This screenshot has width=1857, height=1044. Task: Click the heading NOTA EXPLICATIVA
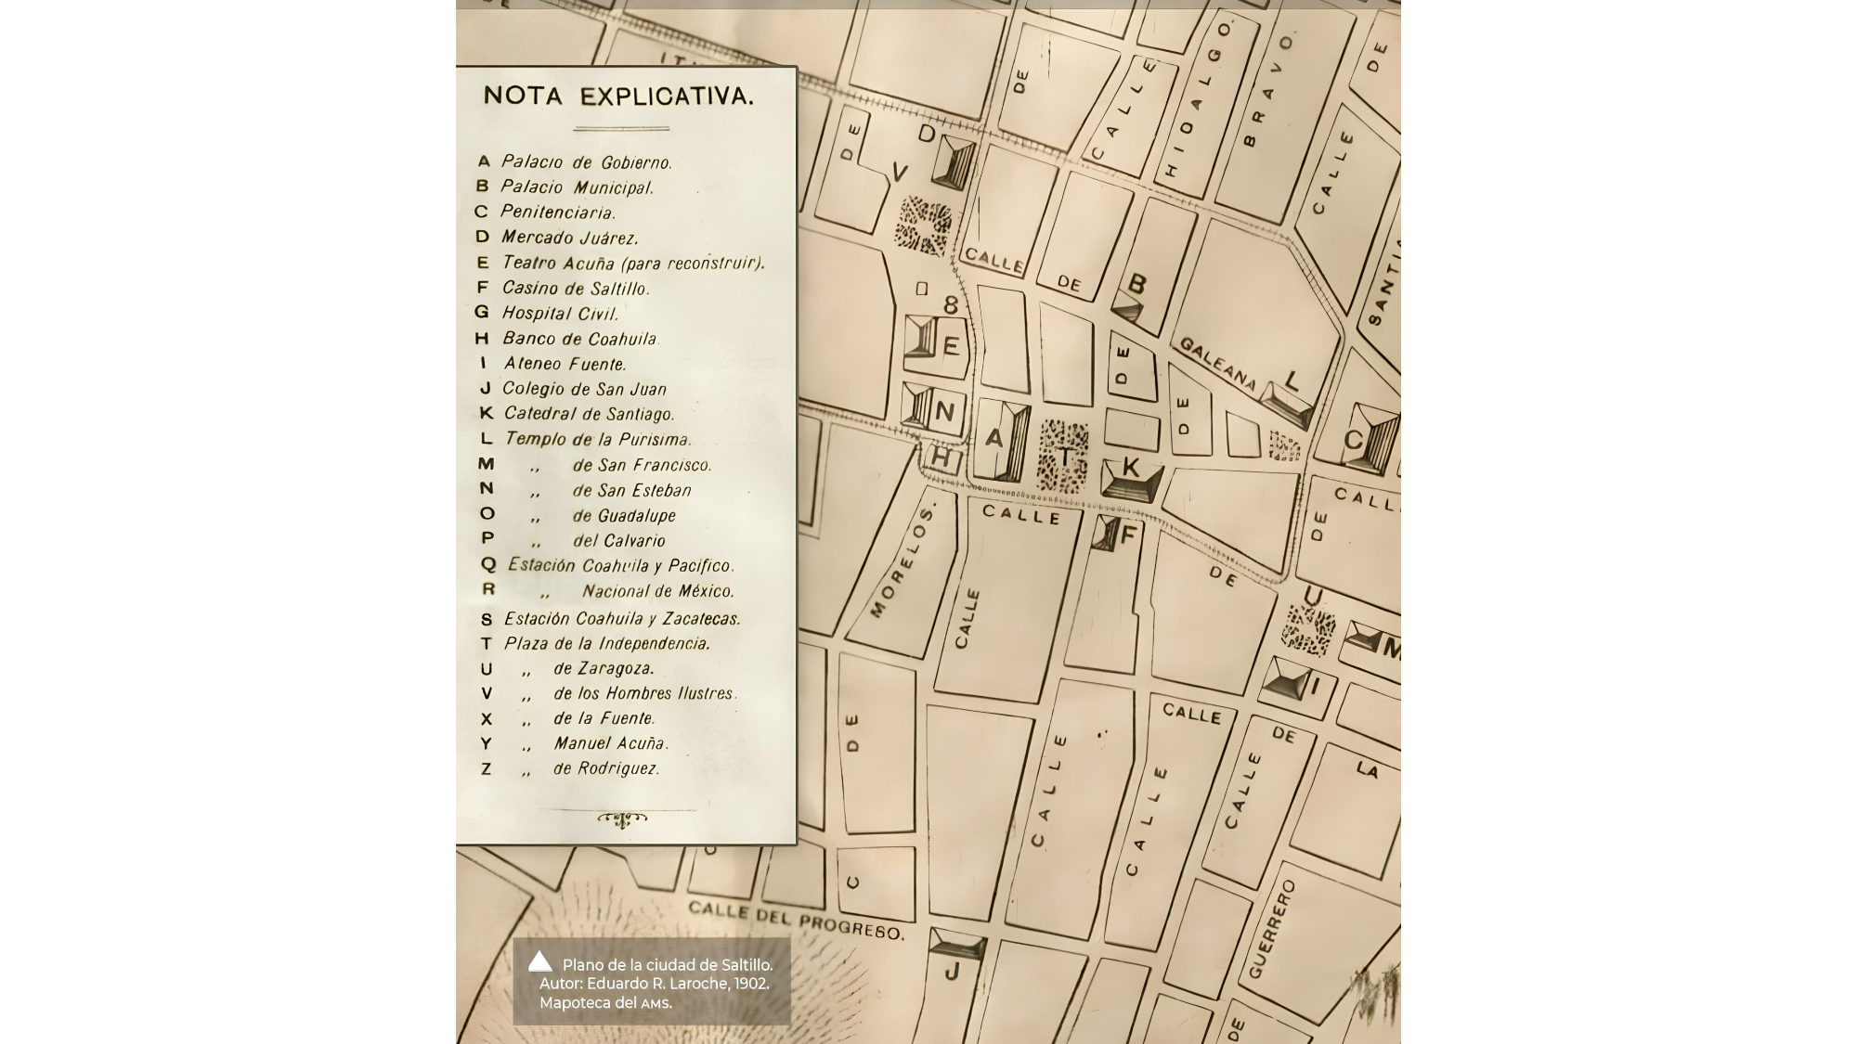[618, 96]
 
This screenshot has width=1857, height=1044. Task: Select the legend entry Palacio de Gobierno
[586, 161]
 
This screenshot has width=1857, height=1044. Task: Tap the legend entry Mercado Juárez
[569, 238]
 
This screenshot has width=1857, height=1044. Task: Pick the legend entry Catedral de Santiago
[589, 414]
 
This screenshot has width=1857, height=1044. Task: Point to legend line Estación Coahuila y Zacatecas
[621, 618]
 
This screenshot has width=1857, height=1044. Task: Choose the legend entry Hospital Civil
[560, 314]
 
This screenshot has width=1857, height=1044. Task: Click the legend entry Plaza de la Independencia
[606, 643]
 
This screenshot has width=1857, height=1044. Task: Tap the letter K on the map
[1130, 467]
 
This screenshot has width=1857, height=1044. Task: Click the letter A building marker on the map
[993, 438]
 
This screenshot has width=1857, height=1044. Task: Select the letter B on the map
[1136, 283]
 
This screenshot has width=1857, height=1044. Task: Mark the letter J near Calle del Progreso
[952, 972]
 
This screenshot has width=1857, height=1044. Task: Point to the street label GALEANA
[1217, 363]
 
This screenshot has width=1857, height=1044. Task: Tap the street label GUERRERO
[1271, 929]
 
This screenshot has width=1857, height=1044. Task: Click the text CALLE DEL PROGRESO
[796, 918]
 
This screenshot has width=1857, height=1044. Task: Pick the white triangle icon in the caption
[539, 961]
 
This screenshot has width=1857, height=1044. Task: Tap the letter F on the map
[1128, 535]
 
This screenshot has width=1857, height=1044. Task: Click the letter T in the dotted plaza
[1064, 457]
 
